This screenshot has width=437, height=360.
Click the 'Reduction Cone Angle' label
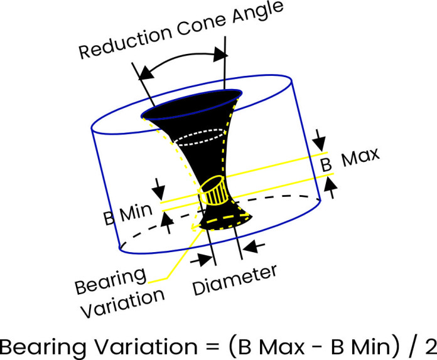click(x=181, y=29)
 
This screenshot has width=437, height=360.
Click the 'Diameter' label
click(x=234, y=280)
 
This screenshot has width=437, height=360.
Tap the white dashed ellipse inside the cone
click(x=198, y=137)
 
